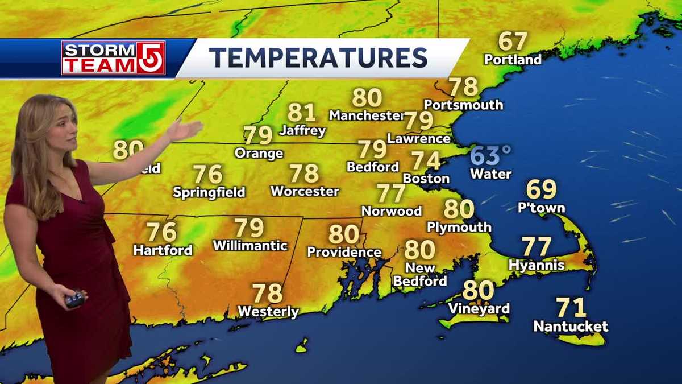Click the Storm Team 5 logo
click(113, 57)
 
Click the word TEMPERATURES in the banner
click(318, 58)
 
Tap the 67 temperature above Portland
click(513, 42)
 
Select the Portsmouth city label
click(463, 105)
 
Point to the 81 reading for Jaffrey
click(302, 113)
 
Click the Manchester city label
click(366, 115)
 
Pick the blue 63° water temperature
click(491, 155)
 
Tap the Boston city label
click(426, 178)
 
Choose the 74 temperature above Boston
click(426, 160)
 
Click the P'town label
click(541, 208)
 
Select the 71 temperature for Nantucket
click(571, 308)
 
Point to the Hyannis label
click(537, 265)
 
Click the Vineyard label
click(479, 309)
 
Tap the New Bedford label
click(420, 274)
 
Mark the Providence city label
click(344, 251)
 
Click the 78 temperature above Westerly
click(268, 294)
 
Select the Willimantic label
click(250, 246)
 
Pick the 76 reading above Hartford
click(162, 232)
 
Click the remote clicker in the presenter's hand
click(75, 298)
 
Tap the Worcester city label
click(305, 191)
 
